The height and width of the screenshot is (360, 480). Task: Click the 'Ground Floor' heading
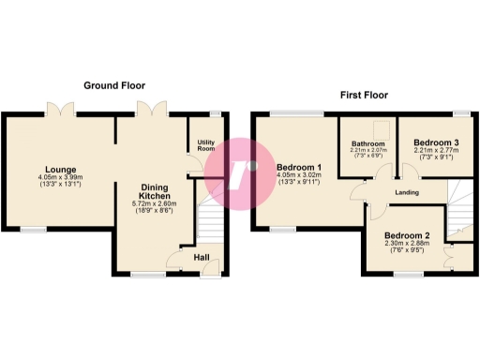pos(113,84)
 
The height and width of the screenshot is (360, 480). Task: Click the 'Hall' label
pos(202,258)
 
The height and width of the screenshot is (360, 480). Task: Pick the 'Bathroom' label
pos(367,144)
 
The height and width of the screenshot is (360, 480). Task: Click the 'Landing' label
pos(406,193)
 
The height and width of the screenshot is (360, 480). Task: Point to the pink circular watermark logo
pos(241,172)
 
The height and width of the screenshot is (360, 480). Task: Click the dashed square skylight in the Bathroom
pos(381,130)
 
